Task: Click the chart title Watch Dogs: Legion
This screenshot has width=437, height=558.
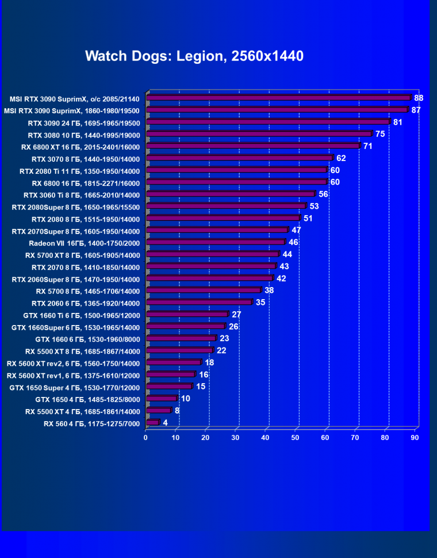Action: [x=194, y=56]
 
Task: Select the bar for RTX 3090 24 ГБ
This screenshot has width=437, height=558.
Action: [x=268, y=122]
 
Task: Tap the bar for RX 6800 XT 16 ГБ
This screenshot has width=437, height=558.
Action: [x=253, y=146]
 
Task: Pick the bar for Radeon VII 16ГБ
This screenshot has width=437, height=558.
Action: [x=216, y=243]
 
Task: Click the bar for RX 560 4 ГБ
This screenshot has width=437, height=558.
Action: [x=153, y=423]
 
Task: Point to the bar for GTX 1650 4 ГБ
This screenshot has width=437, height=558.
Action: [x=162, y=399]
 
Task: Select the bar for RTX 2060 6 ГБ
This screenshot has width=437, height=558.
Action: [x=199, y=303]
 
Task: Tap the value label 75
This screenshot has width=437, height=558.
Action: [x=379, y=134]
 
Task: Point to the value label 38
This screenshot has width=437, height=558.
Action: [x=269, y=291]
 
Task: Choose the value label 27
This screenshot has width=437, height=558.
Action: [x=236, y=315]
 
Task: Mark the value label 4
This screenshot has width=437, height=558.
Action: [x=166, y=423]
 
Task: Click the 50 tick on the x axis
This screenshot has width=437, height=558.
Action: [x=296, y=438]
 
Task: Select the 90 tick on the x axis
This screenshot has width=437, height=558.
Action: [x=415, y=438]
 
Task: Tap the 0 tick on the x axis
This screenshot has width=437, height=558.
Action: [x=146, y=438]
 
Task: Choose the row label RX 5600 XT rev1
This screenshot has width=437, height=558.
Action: [x=73, y=375]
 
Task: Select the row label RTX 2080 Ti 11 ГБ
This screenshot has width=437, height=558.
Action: [x=79, y=171]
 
